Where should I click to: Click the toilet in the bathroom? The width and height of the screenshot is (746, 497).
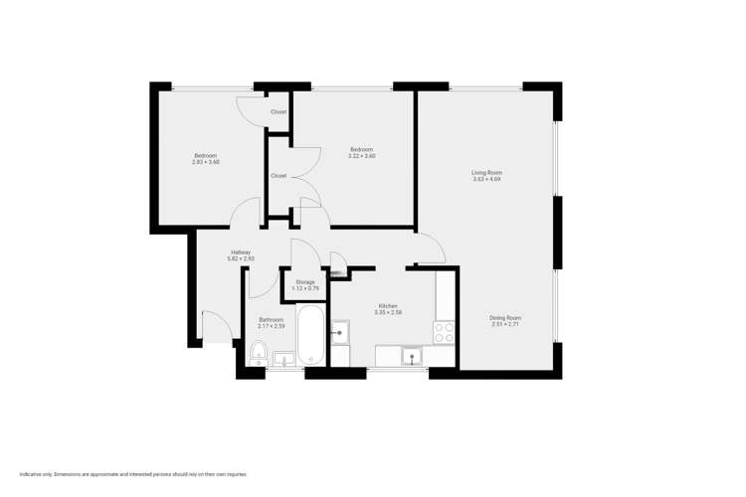(x=258, y=352)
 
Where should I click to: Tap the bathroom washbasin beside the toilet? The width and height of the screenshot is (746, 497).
(x=282, y=360)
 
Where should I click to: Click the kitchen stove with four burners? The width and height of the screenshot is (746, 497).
(x=444, y=332)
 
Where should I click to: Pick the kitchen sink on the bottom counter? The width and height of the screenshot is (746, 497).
(x=410, y=356)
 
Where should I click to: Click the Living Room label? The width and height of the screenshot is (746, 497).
(x=486, y=173)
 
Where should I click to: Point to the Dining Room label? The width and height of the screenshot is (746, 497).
(x=505, y=318)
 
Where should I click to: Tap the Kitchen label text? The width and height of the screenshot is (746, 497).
(x=388, y=305)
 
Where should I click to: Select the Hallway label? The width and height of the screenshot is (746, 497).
(x=241, y=251)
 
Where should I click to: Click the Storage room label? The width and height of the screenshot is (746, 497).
(x=304, y=282)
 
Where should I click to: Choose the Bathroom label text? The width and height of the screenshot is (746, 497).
(x=272, y=320)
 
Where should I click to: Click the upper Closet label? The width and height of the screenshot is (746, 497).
(x=279, y=112)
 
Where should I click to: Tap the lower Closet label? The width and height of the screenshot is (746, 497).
(x=279, y=176)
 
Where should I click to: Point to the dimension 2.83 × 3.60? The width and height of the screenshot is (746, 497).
(x=205, y=162)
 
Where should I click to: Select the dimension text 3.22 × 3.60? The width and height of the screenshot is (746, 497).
(x=362, y=156)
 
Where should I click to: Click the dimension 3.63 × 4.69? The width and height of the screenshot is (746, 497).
(x=486, y=180)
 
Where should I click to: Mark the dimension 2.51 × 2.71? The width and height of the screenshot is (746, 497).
(x=505, y=325)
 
